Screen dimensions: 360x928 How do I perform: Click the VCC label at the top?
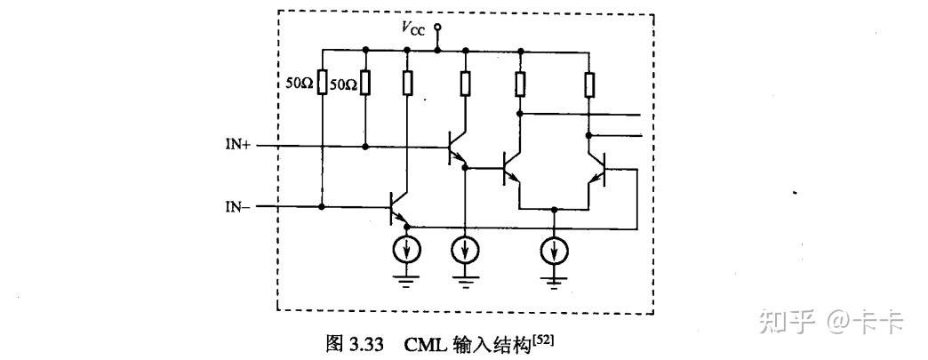(415, 28)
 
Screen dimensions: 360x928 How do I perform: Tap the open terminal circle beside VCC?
(437, 28)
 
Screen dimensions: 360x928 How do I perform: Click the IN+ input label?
(237, 144)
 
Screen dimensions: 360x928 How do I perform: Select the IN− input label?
(237, 206)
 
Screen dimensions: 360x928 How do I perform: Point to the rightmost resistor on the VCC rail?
(588, 84)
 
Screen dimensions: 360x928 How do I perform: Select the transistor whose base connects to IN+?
(457, 145)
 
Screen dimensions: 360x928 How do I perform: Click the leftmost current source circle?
(407, 251)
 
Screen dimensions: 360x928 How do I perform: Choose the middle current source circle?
(464, 251)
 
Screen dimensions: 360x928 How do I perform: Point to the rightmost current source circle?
(555, 251)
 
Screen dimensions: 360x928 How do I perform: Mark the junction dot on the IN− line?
(321, 207)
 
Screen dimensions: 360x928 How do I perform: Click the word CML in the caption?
(424, 343)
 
